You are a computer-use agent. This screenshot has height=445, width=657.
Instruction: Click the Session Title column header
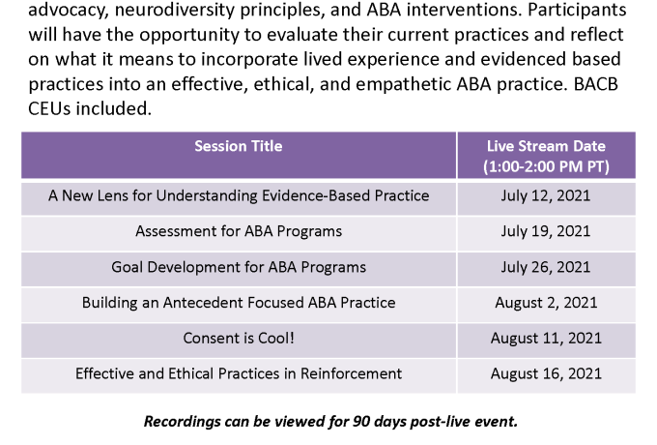pyautogui.click(x=239, y=146)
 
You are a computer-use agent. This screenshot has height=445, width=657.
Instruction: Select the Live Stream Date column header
pyautogui.click(x=546, y=156)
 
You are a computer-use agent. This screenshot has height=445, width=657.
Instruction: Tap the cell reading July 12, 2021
pyautogui.click(x=546, y=195)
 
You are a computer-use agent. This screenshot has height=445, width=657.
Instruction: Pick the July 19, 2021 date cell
pyautogui.click(x=546, y=231)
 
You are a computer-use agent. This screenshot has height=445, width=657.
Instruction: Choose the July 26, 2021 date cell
pyautogui.click(x=546, y=267)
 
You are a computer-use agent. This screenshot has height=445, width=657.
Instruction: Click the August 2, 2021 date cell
pyautogui.click(x=546, y=303)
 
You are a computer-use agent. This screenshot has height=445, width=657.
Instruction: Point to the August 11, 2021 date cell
pyautogui.click(x=546, y=338)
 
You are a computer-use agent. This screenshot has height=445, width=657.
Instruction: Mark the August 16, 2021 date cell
pyautogui.click(x=546, y=373)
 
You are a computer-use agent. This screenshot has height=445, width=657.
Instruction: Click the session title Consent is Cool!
pyautogui.click(x=239, y=338)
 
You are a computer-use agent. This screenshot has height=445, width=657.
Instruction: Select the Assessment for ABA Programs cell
pyautogui.click(x=239, y=231)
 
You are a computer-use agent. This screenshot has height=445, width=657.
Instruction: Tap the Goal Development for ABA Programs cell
pyautogui.click(x=239, y=267)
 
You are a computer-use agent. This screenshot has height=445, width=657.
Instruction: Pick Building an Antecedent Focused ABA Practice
pyautogui.click(x=239, y=303)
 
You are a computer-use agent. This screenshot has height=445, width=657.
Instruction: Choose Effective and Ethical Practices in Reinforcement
pyautogui.click(x=239, y=373)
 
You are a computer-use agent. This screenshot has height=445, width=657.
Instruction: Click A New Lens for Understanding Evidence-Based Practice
pyautogui.click(x=239, y=195)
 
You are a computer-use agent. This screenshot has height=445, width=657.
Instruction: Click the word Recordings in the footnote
pyautogui.click(x=183, y=421)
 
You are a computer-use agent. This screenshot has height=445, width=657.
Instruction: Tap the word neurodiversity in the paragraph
pyautogui.click(x=175, y=10)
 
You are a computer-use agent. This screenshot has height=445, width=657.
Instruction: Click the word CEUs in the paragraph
pyautogui.click(x=49, y=108)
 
